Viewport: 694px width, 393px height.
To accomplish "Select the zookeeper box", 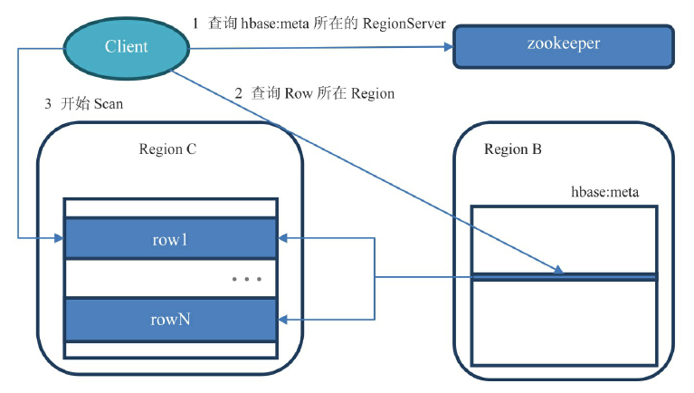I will pos(563,46).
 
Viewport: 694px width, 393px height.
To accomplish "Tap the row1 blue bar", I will pos(170,239).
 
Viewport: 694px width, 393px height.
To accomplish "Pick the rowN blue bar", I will pos(170,319).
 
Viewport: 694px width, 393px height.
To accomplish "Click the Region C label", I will pos(167,149).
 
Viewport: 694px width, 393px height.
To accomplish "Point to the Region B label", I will pos(513,149).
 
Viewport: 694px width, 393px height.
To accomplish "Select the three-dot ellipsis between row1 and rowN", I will pos(247,279).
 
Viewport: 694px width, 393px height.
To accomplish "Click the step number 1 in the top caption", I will pos(195,24).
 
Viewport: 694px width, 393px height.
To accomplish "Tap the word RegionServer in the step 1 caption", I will pos(404,24).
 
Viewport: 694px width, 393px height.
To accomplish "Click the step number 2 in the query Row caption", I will pos(239,93).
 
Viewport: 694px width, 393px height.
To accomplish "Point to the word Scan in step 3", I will pos(108,104).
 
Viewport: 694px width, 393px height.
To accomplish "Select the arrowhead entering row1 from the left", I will pos(58,239).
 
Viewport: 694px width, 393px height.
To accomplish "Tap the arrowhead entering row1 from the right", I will pos(282,239).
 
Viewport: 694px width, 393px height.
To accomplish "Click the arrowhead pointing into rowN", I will pos(282,319).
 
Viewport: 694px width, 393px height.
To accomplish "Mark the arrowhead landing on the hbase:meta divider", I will pos(558,270).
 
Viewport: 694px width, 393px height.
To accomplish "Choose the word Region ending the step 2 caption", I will pos(372,93).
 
